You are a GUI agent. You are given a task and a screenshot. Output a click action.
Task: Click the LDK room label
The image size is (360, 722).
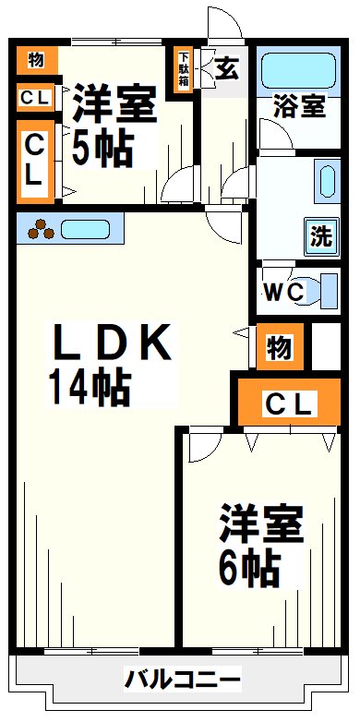click(111, 344)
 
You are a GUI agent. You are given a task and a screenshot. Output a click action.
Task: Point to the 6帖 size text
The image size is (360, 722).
click(249, 570)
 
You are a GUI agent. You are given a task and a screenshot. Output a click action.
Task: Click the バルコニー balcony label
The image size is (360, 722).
click(183, 682)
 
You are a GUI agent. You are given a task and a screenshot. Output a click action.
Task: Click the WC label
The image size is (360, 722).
click(282, 293)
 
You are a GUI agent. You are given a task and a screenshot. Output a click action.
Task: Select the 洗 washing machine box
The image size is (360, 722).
click(320, 236)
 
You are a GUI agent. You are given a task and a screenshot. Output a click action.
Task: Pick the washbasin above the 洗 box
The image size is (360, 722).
click(326, 179)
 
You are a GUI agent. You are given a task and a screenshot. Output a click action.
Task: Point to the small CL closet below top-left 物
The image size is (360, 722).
click(36, 96)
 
